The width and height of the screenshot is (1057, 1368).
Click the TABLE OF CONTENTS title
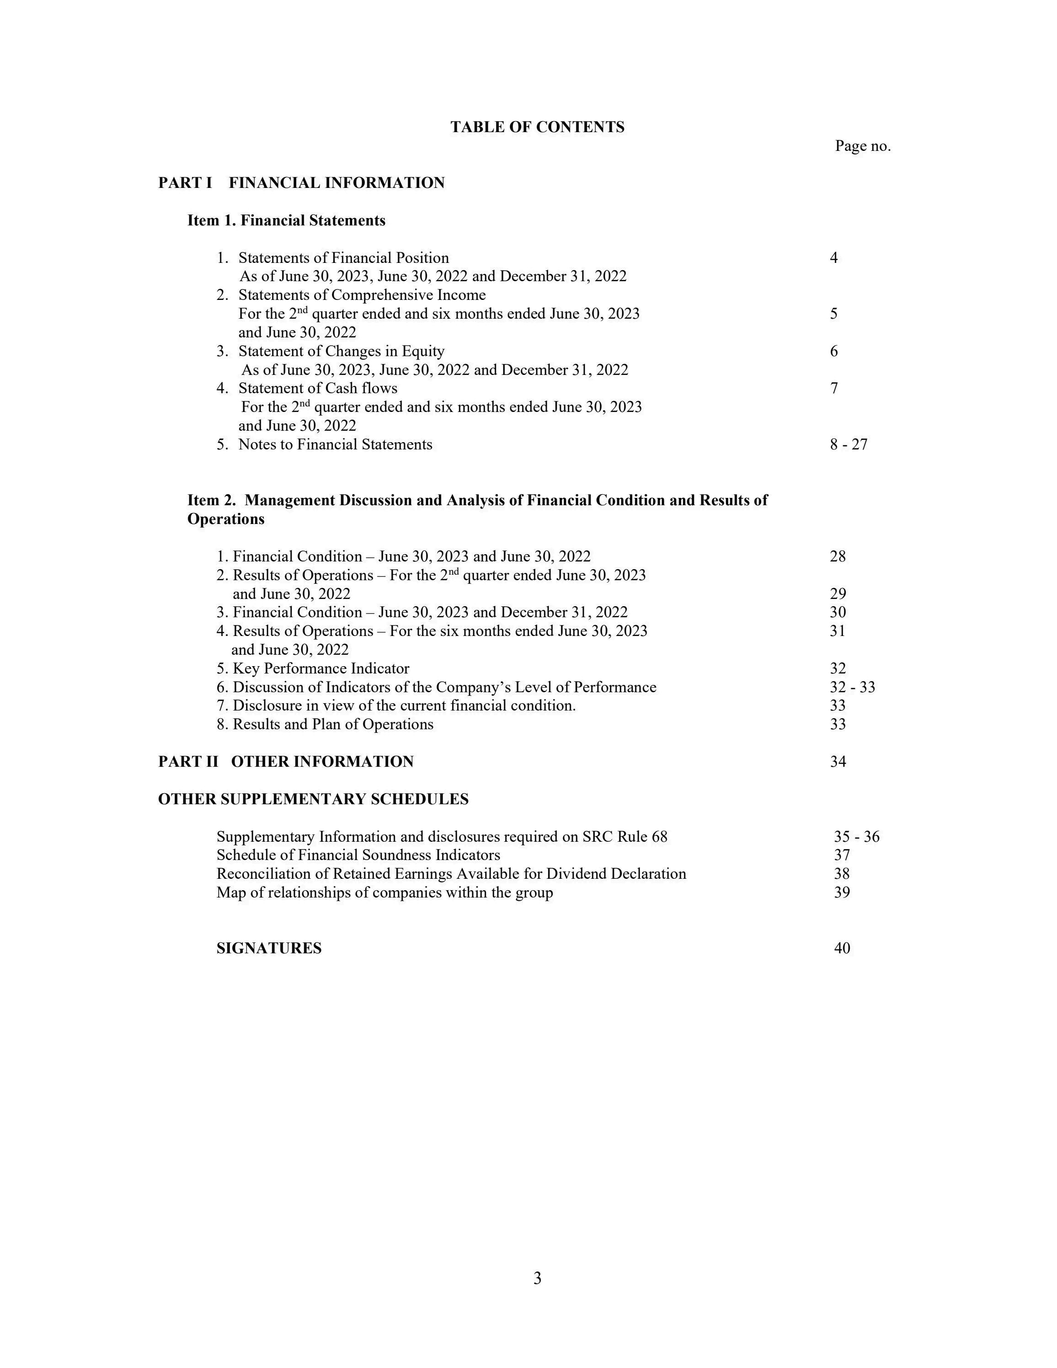[x=537, y=127]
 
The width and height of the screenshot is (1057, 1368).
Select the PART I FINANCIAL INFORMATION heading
[x=301, y=183]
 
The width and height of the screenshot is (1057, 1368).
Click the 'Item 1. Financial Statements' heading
[x=286, y=220]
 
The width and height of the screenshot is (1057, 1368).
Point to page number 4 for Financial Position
[x=833, y=257]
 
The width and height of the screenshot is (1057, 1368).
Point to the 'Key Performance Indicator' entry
[x=320, y=668]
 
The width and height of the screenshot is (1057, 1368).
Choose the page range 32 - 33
[x=852, y=687]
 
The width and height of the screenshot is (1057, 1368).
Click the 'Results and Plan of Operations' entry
[x=332, y=724]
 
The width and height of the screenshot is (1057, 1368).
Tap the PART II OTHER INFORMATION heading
[x=286, y=762]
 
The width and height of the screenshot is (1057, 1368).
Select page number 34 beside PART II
[x=838, y=762]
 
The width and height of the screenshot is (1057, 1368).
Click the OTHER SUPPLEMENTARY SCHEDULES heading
[x=313, y=799]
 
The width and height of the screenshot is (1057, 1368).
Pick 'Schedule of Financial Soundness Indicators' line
[x=358, y=855]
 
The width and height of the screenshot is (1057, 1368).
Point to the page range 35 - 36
[x=856, y=837]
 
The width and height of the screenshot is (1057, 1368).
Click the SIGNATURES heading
[x=269, y=948]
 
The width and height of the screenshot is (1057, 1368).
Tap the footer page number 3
[x=537, y=1279]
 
